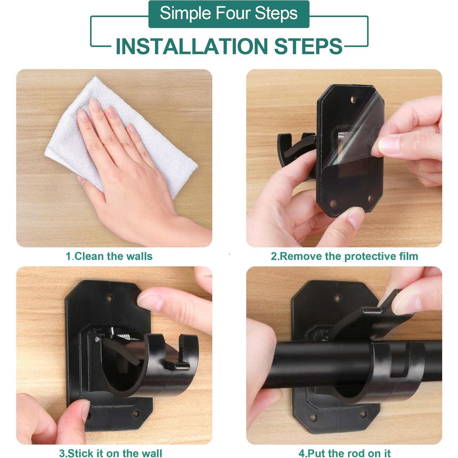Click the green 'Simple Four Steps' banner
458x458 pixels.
229,14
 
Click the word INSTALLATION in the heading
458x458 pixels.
192,46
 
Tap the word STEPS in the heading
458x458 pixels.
308,46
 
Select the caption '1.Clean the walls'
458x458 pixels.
109,256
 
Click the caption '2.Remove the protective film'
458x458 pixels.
344,256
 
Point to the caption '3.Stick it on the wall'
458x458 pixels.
111,453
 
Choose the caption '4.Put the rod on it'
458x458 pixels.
345,453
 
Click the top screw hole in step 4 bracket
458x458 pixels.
337,298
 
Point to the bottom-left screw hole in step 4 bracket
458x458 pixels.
313,417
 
